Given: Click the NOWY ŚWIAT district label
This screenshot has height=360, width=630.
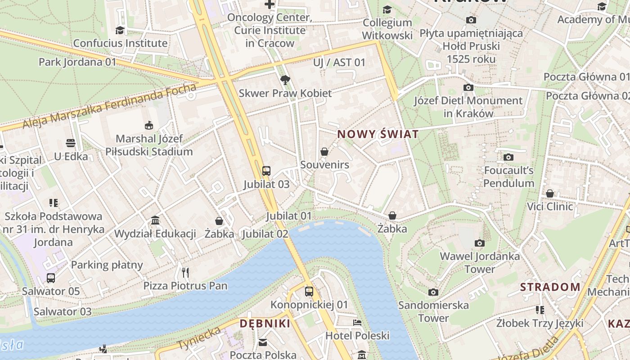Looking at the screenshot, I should click(x=378, y=134).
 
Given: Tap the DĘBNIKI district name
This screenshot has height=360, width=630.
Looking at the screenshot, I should click(x=265, y=324).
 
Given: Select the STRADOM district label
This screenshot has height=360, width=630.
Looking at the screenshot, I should click(x=550, y=287).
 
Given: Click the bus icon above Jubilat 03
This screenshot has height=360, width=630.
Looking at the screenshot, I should click(x=266, y=171).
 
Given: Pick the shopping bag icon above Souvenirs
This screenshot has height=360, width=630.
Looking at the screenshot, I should click(x=324, y=152).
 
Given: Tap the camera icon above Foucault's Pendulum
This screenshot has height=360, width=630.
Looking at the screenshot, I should click(x=508, y=157).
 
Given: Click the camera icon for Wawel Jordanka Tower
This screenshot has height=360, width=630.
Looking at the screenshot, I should click(x=480, y=243).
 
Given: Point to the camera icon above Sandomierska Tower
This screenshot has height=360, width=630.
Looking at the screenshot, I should click(x=433, y=292).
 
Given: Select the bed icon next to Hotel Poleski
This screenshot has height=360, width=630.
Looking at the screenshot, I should click(x=357, y=323).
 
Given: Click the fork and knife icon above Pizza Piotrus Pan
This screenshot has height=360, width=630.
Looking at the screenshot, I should click(x=185, y=272).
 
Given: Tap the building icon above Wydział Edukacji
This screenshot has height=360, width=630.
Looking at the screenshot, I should click(x=155, y=220).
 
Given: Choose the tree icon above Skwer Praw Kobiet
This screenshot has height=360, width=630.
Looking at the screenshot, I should click(x=285, y=80).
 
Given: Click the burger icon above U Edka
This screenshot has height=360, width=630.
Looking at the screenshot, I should click(x=71, y=143).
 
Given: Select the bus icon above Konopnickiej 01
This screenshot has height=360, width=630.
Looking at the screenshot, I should click(x=309, y=291).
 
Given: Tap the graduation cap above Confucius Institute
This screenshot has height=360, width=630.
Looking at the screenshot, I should click(x=120, y=30).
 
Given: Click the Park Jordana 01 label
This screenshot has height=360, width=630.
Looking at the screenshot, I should click(x=77, y=62).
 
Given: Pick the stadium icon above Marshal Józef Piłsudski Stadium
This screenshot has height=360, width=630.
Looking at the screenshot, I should click(x=149, y=125).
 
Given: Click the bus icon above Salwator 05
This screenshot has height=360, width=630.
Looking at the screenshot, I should click(x=51, y=278).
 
